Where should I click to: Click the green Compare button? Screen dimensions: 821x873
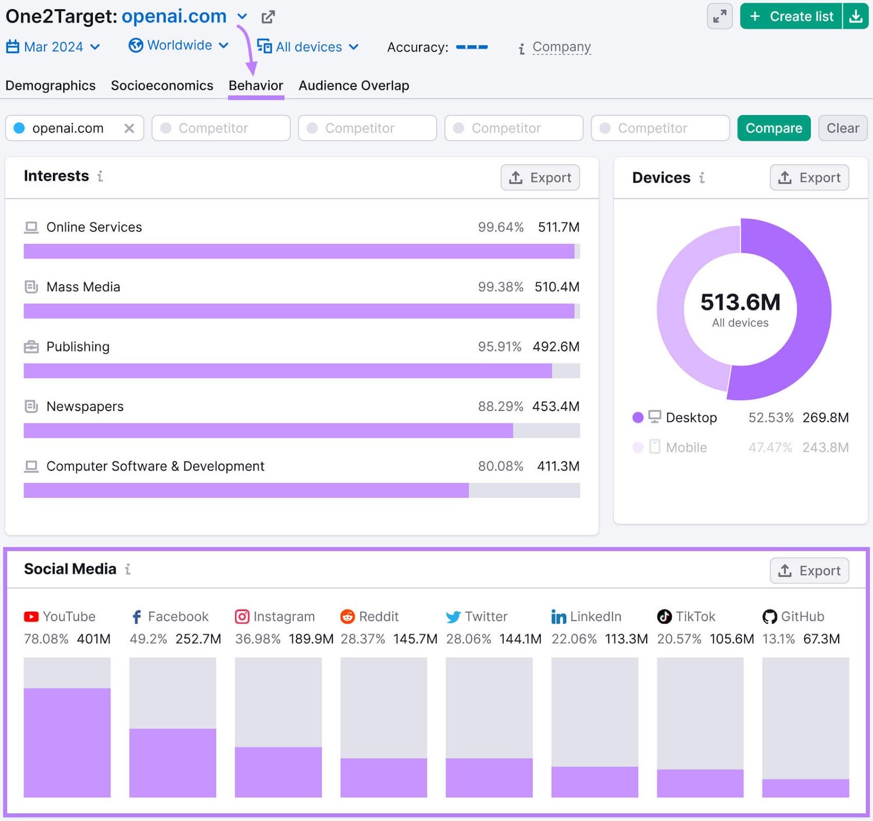[773, 128]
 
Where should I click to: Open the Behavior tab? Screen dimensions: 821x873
[255, 86]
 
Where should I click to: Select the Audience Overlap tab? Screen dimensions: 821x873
[354, 86]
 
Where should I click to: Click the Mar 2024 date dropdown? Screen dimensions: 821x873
[53, 47]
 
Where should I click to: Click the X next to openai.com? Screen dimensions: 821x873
[129, 128]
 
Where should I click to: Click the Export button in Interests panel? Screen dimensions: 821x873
[540, 178]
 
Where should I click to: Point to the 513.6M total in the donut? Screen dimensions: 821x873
[740, 302]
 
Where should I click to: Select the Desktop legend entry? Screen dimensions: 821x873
[691, 418]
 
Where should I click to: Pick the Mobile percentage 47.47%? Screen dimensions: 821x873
[769, 448]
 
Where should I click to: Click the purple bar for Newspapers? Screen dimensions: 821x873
[268, 431]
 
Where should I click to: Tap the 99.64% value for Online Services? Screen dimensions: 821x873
[500, 227]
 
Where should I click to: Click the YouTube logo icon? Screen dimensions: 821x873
[31, 617]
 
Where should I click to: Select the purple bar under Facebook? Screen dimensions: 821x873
[172, 763]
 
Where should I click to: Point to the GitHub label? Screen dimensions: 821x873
[802, 617]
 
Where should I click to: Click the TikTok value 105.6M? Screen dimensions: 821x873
[731, 639]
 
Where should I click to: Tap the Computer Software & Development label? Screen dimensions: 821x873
[155, 467]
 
